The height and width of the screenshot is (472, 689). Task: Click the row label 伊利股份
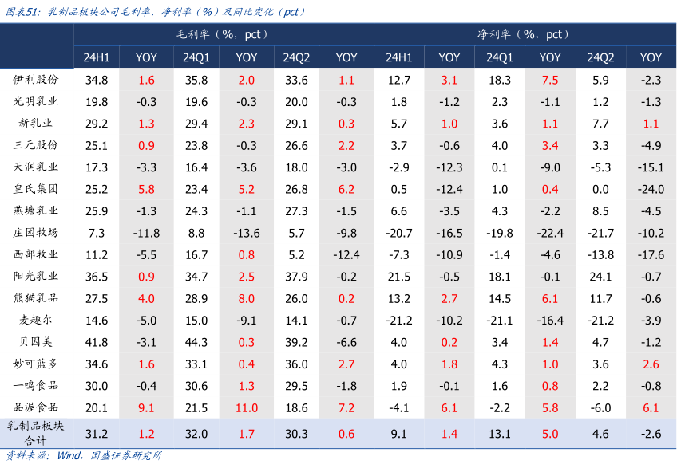click(x=37, y=80)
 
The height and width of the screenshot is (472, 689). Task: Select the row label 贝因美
click(x=37, y=342)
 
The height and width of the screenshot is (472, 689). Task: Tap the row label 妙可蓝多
click(x=37, y=364)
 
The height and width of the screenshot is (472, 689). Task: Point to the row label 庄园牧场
click(x=37, y=233)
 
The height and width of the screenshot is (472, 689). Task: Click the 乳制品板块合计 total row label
click(x=37, y=434)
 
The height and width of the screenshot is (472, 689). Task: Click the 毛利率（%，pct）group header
click(x=223, y=34)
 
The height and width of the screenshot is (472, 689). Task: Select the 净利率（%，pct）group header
click(x=524, y=34)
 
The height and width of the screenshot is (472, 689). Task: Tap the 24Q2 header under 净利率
click(x=600, y=57)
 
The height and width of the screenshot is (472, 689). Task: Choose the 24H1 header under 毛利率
click(x=97, y=57)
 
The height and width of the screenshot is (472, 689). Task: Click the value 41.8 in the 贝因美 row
click(x=97, y=342)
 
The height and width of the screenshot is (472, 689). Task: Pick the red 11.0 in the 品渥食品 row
click(x=247, y=407)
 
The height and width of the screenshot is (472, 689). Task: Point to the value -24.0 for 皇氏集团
click(x=651, y=189)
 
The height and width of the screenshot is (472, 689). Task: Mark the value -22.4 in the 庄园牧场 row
click(x=550, y=233)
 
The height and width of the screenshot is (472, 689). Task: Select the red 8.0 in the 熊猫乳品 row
click(x=247, y=298)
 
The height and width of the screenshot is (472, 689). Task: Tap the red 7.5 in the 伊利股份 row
click(x=550, y=80)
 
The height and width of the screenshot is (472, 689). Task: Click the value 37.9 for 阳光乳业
click(x=296, y=277)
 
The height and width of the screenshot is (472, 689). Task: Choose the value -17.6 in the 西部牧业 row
click(x=651, y=254)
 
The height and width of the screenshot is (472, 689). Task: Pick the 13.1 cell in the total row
click(x=500, y=434)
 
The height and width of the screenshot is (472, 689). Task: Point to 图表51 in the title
click(x=22, y=12)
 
